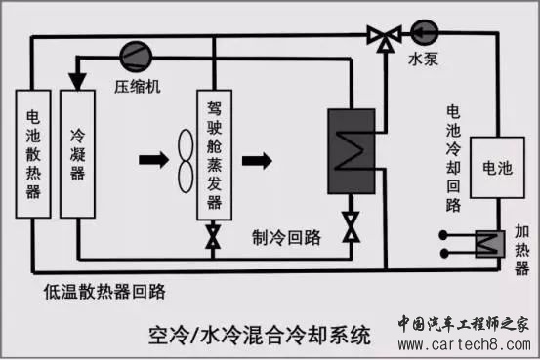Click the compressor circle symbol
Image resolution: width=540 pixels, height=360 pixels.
(x=136, y=57)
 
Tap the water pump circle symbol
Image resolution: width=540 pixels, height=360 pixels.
(x=425, y=33)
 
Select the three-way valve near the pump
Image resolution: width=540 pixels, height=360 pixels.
(x=385, y=37)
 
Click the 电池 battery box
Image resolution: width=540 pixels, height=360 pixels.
(x=497, y=168)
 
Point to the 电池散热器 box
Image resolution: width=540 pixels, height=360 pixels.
(x=33, y=154)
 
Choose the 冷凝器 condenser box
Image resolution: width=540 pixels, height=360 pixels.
(x=77, y=154)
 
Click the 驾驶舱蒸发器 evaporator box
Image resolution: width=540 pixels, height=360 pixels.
(x=214, y=155)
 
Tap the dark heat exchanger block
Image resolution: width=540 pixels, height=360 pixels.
(x=352, y=151)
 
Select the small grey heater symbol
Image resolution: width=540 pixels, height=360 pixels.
(x=490, y=244)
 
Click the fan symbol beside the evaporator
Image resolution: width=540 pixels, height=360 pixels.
(x=186, y=160)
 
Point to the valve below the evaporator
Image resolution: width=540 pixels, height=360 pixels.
(x=213, y=237)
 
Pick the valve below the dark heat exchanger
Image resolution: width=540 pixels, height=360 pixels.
(x=352, y=227)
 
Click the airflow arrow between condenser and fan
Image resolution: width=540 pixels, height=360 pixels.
(x=153, y=160)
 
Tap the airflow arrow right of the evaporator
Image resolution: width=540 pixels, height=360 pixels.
(x=257, y=160)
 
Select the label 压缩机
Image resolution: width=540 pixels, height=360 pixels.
(x=138, y=87)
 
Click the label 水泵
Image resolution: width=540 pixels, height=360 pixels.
(x=423, y=59)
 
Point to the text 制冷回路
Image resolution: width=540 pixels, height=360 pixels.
(x=286, y=237)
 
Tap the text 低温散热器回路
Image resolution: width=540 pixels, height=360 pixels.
(x=104, y=292)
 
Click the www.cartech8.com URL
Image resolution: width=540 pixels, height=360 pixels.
(x=464, y=344)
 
